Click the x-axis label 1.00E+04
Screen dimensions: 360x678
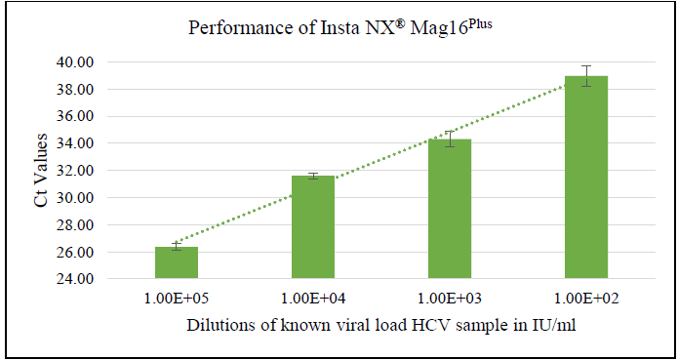point(313,295)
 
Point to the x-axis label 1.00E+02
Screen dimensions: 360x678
point(586,295)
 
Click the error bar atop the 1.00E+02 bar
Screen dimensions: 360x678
point(586,76)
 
